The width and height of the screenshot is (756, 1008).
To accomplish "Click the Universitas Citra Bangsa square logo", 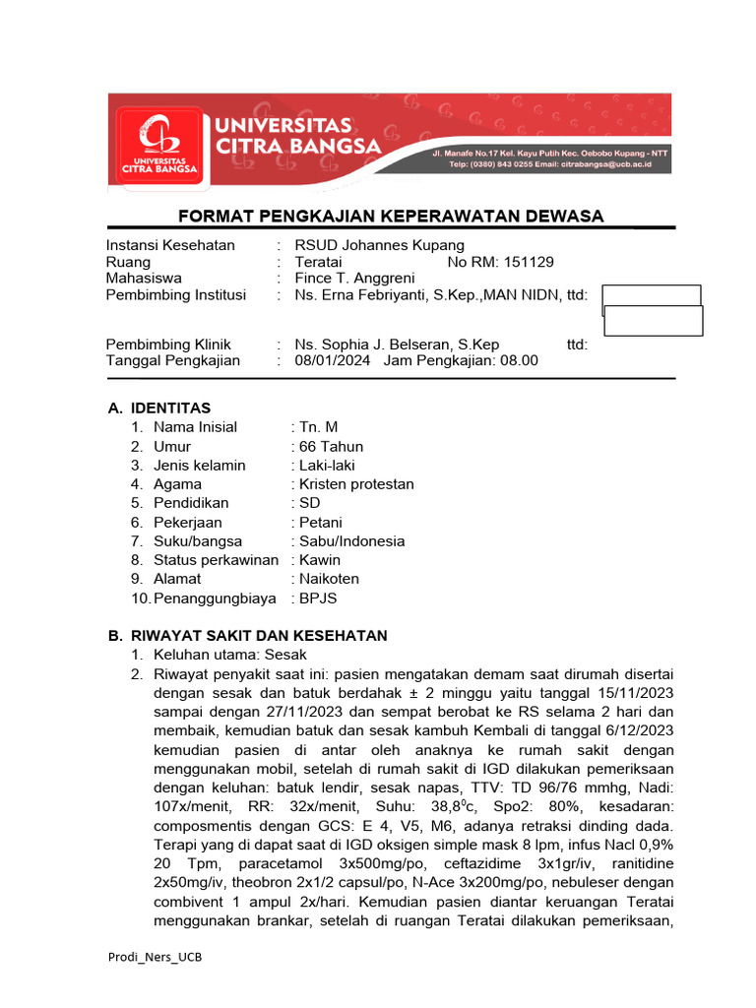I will [x=157, y=145].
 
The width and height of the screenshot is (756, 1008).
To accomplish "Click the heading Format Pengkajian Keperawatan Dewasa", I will [x=390, y=217].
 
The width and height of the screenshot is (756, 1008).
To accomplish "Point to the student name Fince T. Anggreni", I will [x=354, y=278].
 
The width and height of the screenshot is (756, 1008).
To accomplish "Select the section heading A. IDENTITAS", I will [x=158, y=408].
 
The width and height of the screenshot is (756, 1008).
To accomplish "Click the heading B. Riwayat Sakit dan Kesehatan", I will [x=247, y=636].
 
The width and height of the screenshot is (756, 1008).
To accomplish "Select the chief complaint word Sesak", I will [x=287, y=655].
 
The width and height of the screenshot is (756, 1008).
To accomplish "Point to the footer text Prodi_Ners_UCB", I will [x=157, y=956].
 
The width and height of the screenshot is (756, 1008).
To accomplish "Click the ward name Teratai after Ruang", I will [x=319, y=262].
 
